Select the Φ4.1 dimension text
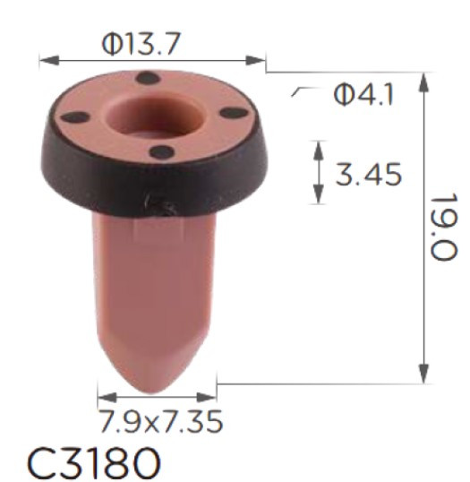(363, 94)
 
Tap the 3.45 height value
(368, 173)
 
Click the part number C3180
(94, 462)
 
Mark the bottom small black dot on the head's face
(160, 152)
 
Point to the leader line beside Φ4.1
(301, 90)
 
